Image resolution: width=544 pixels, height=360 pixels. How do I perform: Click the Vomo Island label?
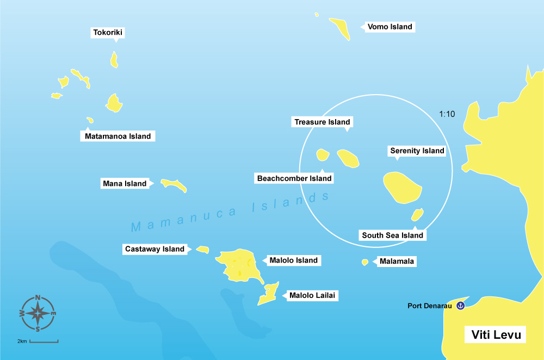(x=390, y=27)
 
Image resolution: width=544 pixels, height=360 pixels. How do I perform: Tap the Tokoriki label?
(x=108, y=33)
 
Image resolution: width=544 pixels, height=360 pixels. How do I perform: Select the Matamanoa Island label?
(x=118, y=136)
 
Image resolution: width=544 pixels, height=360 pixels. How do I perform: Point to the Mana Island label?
(x=125, y=184)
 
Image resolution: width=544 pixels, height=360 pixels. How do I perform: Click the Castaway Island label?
(x=154, y=249)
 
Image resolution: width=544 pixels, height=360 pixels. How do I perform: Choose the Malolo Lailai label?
(x=313, y=296)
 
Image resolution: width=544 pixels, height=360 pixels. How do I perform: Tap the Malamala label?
(x=397, y=262)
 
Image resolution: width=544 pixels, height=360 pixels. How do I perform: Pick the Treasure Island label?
(x=322, y=122)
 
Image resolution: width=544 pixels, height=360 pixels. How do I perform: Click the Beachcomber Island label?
(x=294, y=178)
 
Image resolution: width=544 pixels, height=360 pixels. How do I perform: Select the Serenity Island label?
(x=417, y=151)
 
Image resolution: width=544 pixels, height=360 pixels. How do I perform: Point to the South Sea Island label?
(x=392, y=235)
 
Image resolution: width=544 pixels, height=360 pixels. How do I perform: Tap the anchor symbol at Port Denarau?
(x=460, y=306)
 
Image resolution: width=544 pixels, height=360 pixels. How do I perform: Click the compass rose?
(x=38, y=313)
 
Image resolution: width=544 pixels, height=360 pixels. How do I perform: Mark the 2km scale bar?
(x=44, y=342)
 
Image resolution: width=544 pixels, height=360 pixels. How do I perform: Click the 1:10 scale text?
(x=447, y=114)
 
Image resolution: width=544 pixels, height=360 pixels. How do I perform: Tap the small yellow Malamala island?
(x=365, y=262)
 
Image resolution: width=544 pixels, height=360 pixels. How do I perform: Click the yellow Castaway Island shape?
(x=202, y=250)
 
